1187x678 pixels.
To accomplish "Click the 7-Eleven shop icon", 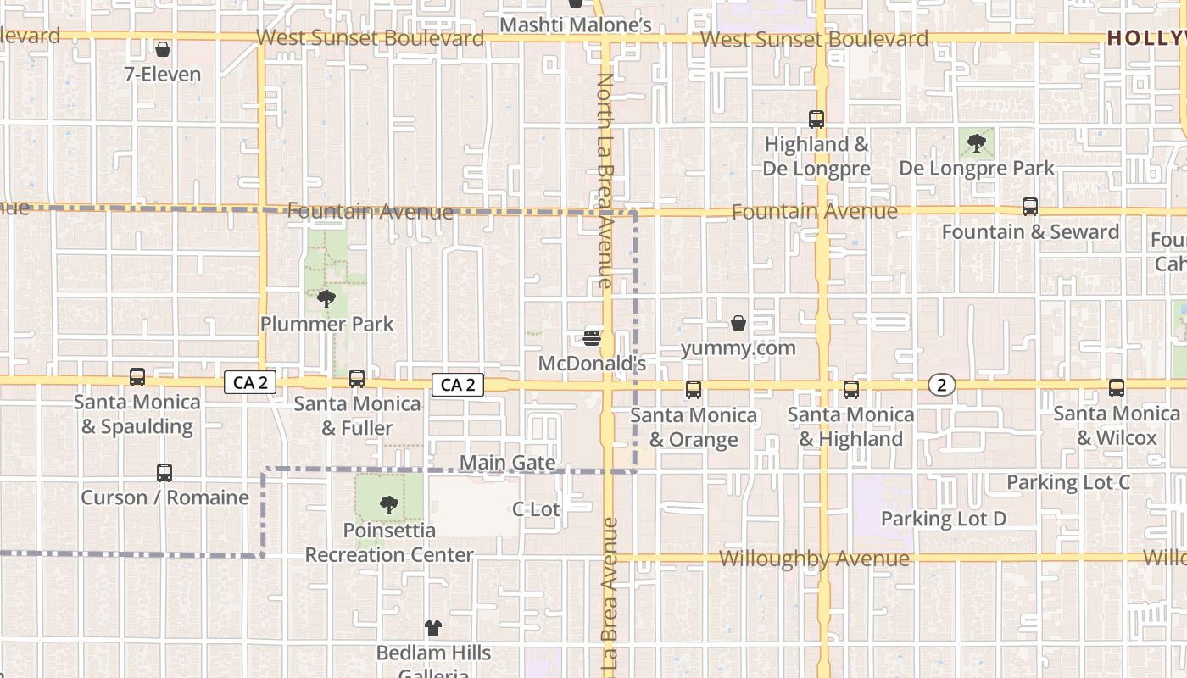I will coord(163,50).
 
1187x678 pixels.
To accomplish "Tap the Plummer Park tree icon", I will coord(326,298).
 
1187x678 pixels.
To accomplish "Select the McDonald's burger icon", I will coord(592,338).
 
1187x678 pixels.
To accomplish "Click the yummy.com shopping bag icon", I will coord(738,323).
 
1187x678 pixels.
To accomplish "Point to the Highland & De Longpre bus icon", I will coord(816,119).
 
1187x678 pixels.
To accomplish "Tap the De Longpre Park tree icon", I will coord(977,142).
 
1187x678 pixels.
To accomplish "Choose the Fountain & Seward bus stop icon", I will coord(1029,207).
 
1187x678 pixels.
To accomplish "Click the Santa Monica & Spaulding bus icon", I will coord(137,376).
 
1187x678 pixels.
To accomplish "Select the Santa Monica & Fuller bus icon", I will coord(357,378).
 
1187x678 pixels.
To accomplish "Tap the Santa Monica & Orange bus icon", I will coord(694,390).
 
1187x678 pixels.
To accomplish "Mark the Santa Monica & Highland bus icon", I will coord(850,389).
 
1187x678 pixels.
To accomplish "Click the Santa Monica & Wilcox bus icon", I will coord(1117,388).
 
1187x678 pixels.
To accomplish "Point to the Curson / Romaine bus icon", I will coord(164,472).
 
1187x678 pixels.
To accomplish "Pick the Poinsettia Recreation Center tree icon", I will coord(389,505).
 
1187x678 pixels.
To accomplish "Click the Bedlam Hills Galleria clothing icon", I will coord(433,628).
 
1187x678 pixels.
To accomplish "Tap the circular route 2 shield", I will coord(941,385).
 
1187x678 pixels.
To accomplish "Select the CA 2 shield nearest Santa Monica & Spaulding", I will coord(250,383).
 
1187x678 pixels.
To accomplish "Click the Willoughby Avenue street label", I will coord(814,559).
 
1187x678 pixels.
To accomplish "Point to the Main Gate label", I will coord(508,463).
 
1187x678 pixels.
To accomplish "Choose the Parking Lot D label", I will coord(944,519).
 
